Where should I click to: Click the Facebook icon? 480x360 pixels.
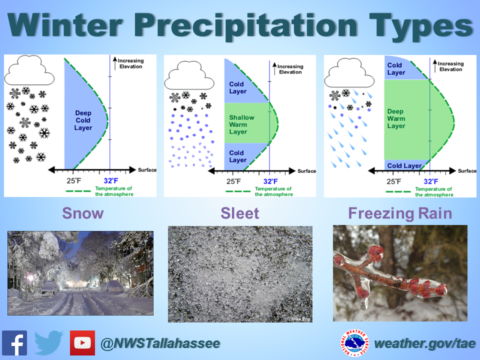coord(14,343)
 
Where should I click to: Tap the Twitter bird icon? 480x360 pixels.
coord(48,343)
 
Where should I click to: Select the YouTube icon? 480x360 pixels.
coord(82,343)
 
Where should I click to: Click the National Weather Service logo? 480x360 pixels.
coord(355,343)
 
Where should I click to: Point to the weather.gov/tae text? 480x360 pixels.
coord(422,343)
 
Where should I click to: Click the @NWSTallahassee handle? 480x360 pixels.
coord(160,343)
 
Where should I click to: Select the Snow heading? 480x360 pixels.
coord(83,213)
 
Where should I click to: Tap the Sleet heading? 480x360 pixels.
coord(240,213)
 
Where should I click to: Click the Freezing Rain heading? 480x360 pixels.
coord(400,213)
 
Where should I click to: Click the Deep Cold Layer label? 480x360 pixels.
coord(83,120)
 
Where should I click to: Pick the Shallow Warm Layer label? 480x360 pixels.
coord(241,124)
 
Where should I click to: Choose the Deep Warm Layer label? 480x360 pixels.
coord(396,119)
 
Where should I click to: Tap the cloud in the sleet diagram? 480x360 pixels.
coord(189,76)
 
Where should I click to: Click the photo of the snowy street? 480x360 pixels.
coord(80,273)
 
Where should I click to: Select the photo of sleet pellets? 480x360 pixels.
coord(240,274)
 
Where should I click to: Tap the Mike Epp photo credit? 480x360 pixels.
coord(300,318)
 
